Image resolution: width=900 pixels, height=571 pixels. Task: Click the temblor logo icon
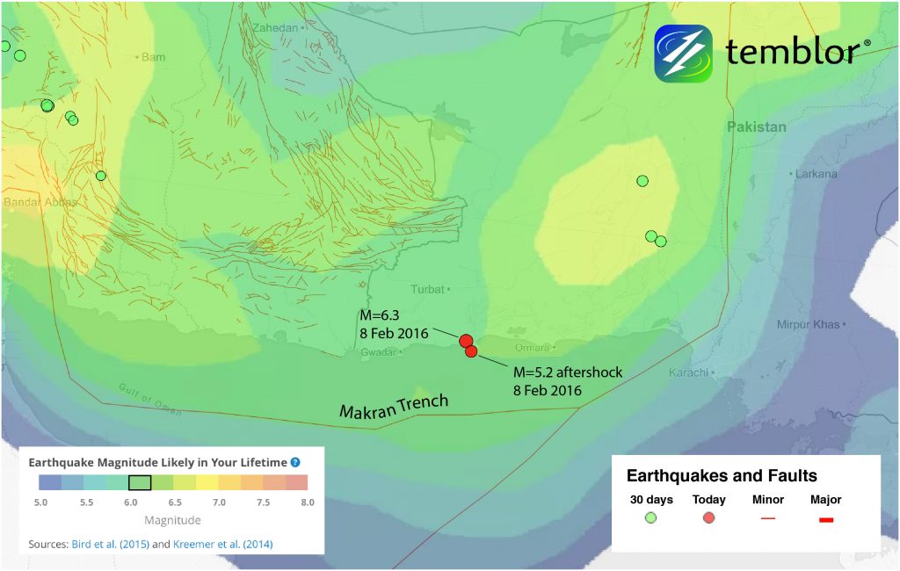point(683,54)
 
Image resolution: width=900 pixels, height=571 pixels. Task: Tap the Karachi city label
point(688,373)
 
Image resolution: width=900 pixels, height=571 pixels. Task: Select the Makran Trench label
point(395,407)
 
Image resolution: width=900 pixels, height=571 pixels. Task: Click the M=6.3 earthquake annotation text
point(393,324)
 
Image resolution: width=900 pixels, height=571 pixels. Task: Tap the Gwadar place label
point(379,352)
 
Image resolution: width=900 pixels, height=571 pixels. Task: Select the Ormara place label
point(532,348)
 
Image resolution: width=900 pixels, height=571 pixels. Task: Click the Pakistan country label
point(756,126)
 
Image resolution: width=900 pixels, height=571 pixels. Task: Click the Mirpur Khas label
point(808,325)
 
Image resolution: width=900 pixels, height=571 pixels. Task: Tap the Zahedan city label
point(275,28)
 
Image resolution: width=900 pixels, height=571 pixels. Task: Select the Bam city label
point(153,57)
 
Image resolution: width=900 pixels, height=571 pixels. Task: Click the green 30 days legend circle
point(650,518)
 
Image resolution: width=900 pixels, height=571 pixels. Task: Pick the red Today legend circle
point(708,518)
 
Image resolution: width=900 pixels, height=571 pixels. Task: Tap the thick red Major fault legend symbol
point(825,520)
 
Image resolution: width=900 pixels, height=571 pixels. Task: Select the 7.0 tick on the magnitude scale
point(218,502)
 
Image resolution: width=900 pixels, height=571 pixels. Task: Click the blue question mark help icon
point(295,462)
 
